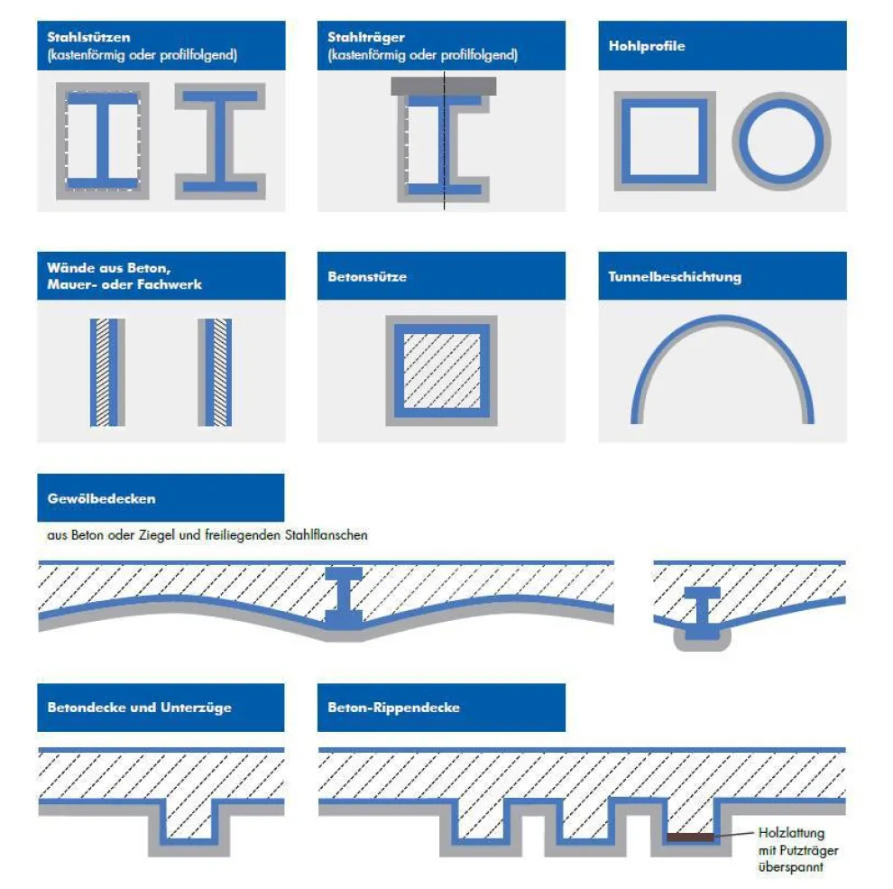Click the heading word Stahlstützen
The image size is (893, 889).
88,38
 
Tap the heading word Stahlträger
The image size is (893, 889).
365,38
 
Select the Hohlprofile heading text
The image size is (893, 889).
647,46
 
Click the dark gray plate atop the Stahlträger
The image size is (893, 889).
443,86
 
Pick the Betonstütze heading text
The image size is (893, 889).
367,277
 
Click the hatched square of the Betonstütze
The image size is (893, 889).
441,370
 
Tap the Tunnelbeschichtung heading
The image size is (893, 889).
675,277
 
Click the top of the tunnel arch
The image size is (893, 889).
723,319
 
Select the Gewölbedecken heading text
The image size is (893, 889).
101,498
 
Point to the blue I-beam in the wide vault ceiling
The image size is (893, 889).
344,596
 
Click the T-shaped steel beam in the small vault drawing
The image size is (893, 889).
702,611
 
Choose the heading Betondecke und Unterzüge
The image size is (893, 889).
140,708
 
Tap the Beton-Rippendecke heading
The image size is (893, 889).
393,708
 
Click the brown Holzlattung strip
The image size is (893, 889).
690,838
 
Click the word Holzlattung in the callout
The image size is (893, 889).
791,833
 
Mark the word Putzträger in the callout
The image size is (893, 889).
809,851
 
